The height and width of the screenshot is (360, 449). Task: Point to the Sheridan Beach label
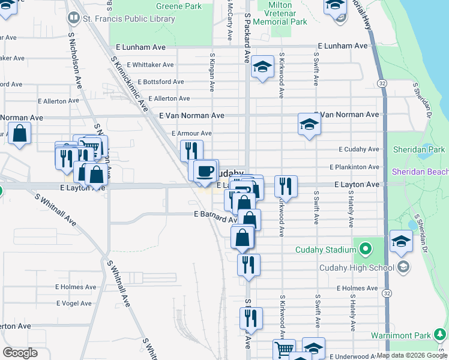point(420,172)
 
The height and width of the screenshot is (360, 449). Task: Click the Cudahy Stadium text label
point(322,250)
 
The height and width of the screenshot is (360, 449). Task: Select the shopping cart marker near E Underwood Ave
point(284,349)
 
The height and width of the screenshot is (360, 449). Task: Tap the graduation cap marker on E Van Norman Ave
point(309,124)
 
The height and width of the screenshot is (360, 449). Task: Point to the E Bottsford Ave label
point(161,82)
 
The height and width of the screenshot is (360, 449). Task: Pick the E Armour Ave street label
point(191,133)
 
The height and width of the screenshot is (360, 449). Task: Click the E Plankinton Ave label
point(354,167)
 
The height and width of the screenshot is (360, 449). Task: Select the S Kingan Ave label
point(212,72)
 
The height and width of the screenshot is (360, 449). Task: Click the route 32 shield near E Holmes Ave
point(387,293)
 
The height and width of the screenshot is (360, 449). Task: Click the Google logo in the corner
point(20,353)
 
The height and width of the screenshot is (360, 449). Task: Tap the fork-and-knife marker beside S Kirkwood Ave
point(286,186)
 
